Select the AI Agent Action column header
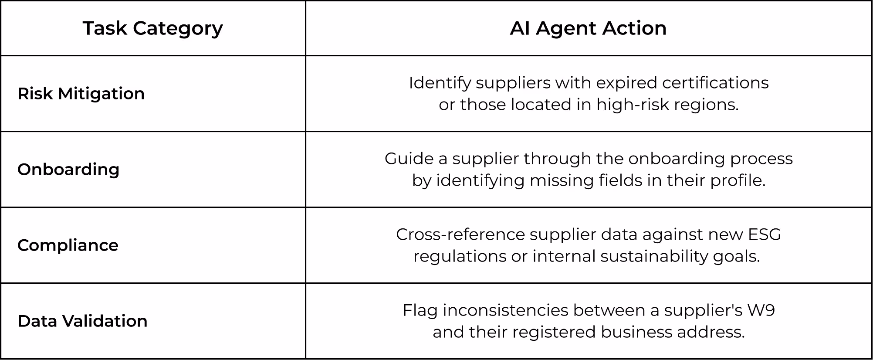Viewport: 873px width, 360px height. tap(588, 28)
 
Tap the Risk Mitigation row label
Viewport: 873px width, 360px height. tap(81, 94)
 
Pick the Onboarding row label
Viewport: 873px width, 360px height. tap(68, 170)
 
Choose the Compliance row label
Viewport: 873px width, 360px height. tap(68, 245)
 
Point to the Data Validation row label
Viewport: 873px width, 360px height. tap(82, 321)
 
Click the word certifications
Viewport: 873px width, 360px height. tap(715, 83)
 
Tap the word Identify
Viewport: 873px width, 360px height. tap(440, 83)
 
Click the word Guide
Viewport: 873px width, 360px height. tap(409, 159)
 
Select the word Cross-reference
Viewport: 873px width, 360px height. tap(460, 234)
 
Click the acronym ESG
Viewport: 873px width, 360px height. tap(765, 234)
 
